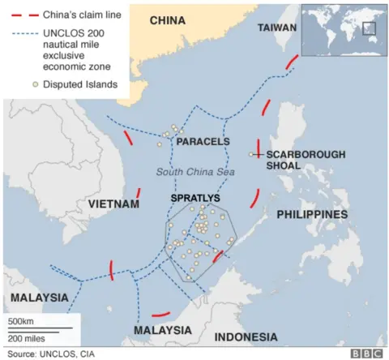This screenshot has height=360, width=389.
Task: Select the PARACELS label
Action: pos(203,142)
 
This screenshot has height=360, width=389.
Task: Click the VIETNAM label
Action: pos(113,204)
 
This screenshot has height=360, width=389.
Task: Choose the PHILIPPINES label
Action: pos(312,214)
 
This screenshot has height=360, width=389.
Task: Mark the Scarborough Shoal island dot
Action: pos(251,154)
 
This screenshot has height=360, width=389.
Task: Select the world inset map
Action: pos(340,32)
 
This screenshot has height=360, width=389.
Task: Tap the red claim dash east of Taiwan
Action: pos(289,66)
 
